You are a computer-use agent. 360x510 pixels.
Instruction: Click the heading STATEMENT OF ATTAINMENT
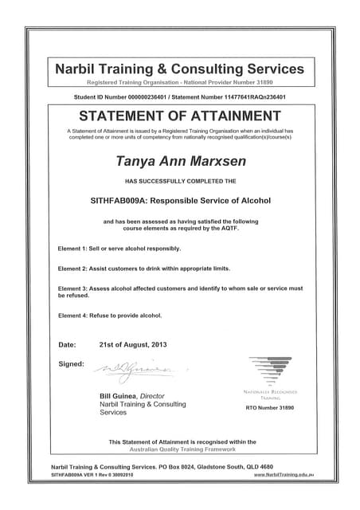click(x=179, y=114)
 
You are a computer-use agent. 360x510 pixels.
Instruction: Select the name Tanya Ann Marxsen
click(x=179, y=160)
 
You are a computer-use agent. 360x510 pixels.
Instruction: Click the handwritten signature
click(x=131, y=369)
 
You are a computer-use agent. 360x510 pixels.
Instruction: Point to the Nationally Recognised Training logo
click(x=269, y=372)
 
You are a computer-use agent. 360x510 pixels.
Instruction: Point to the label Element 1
click(x=76, y=249)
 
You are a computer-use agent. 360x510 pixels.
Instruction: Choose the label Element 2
click(x=76, y=268)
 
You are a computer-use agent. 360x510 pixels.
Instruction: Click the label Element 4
click(x=76, y=315)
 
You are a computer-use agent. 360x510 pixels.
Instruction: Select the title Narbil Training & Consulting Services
click(x=179, y=69)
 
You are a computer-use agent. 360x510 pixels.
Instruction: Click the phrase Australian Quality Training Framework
click(x=182, y=449)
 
